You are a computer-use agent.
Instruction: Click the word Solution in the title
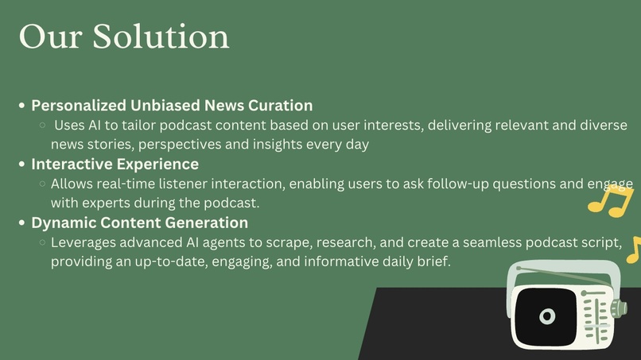pyautogui.click(x=161, y=37)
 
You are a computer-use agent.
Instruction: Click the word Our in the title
pyautogui.click(x=51, y=37)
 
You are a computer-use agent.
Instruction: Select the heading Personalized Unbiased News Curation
pyautogui.click(x=172, y=106)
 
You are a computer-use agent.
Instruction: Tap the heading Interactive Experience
pyautogui.click(x=115, y=164)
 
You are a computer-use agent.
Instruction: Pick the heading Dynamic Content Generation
pyautogui.click(x=140, y=223)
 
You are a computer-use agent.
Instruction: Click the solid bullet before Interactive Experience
pyautogui.click(x=21, y=165)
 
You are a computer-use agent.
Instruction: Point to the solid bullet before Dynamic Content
pyautogui.click(x=21, y=223)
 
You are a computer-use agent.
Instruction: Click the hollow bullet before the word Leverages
pyautogui.click(x=42, y=242)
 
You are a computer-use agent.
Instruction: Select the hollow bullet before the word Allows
pyautogui.click(x=42, y=184)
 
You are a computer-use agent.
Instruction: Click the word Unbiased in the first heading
pyautogui.click(x=165, y=106)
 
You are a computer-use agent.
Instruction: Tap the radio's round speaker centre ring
pyautogui.click(x=547, y=315)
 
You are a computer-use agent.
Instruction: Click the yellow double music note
pyautogui.click(x=611, y=201)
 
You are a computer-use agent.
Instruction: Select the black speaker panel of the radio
pyautogui.click(x=546, y=316)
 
